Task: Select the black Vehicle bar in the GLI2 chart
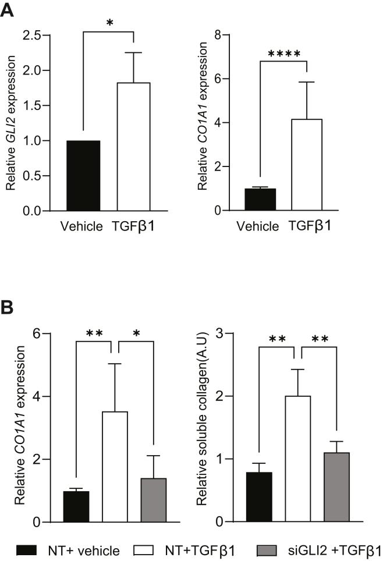83,176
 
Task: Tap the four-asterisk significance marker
285,55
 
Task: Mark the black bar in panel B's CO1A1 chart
76,506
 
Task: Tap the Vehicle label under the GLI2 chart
81,225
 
